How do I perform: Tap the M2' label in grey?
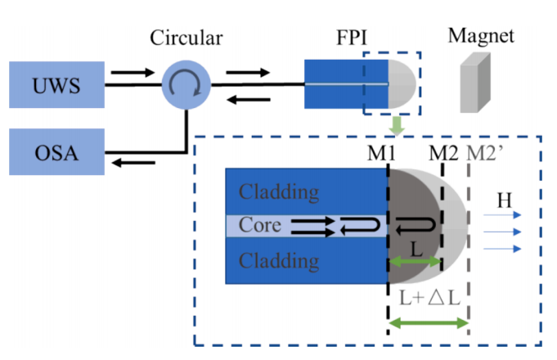(482, 152)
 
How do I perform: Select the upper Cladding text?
(278, 193)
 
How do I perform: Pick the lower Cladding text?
(278, 261)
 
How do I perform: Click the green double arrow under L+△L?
(428, 324)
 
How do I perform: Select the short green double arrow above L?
(415, 262)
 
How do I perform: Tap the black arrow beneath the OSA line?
(130, 163)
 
